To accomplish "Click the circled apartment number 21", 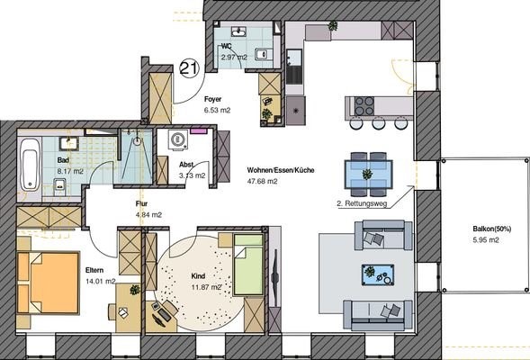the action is [189, 67].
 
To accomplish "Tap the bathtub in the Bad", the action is [30, 164].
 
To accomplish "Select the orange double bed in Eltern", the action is [48, 283].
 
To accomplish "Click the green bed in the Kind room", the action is [248, 265].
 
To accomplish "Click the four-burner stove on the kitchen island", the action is [364, 106].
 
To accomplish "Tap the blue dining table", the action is [368, 175].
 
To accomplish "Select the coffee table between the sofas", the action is [378, 274].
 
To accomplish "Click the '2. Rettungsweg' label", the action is [362, 203].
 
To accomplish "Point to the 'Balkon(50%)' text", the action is [492, 229].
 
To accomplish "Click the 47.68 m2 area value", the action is [262, 181].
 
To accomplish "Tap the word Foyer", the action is [213, 99].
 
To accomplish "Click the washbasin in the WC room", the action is [239, 32].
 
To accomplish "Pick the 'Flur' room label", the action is [141, 203].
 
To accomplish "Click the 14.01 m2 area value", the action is [101, 281].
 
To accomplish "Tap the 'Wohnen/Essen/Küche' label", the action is [281, 170].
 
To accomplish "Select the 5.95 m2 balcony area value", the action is [486, 240].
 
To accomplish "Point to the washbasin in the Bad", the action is [69, 144].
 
